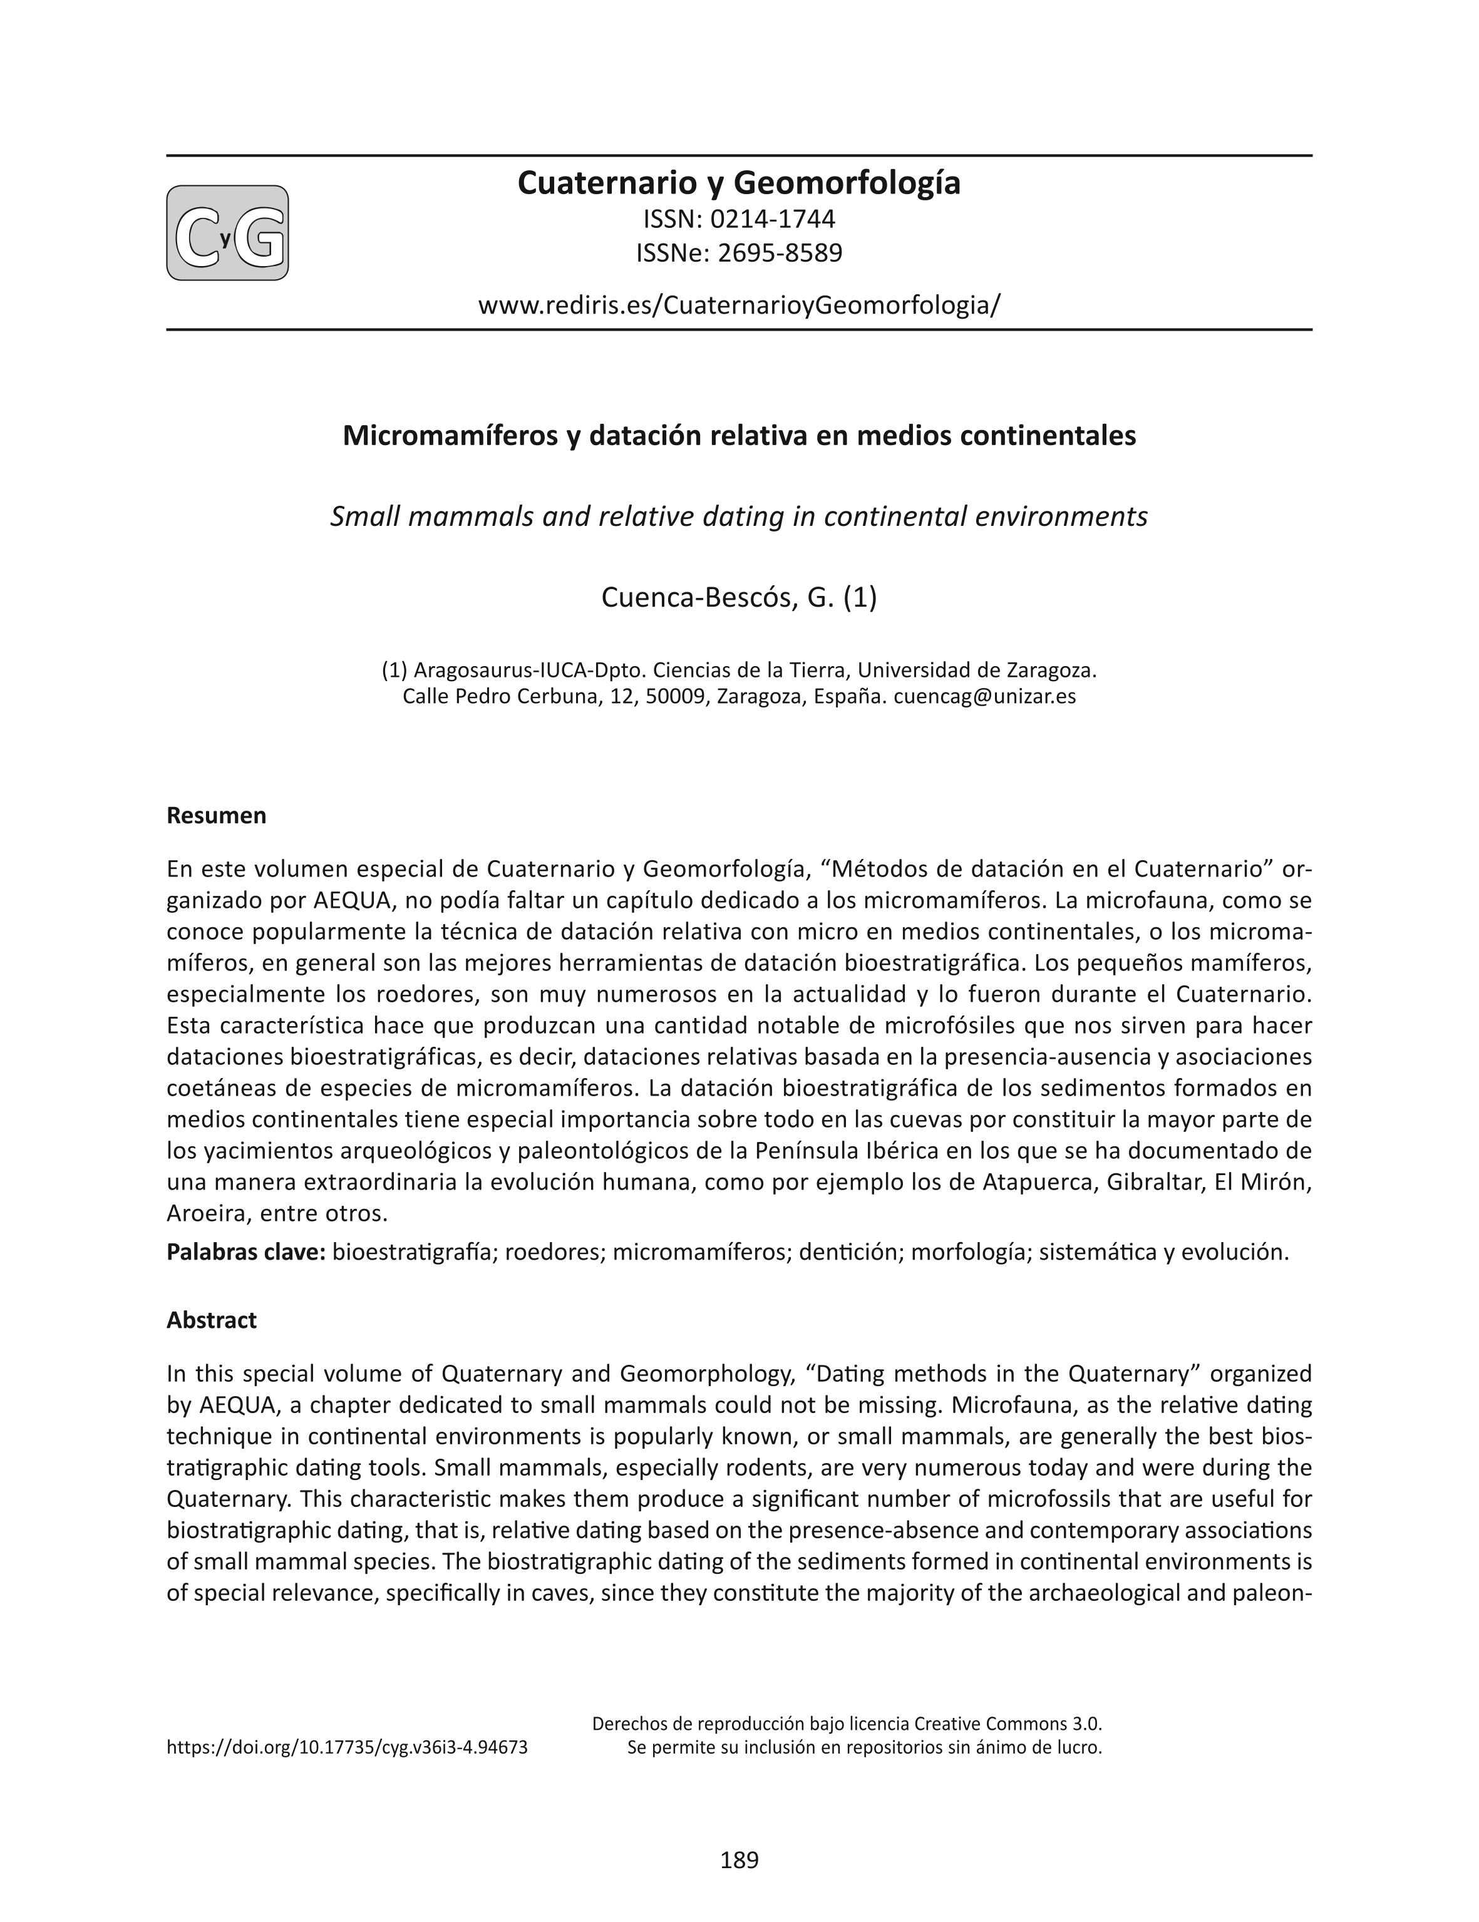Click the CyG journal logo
[227, 234]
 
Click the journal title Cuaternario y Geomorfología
[739, 183]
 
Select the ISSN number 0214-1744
[772, 218]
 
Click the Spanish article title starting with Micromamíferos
[739, 436]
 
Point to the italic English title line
[739, 516]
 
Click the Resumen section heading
[217, 816]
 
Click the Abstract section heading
[211, 1320]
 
